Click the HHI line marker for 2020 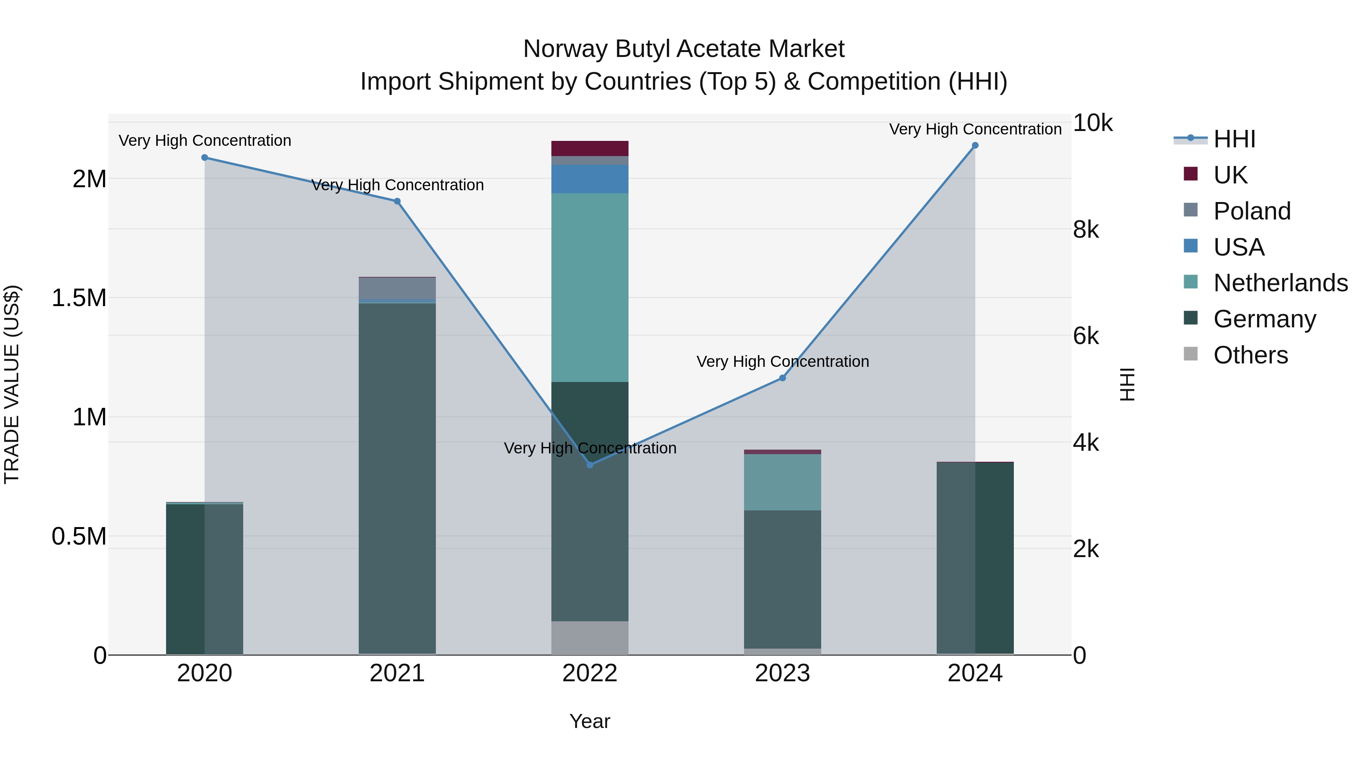pos(204,158)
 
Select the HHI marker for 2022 pos(589,465)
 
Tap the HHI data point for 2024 pos(975,145)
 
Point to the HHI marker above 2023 pos(782,378)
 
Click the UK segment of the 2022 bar pos(589,148)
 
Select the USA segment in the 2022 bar pos(589,179)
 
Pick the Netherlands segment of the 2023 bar pos(782,482)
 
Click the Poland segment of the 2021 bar pos(397,288)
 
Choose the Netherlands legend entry pos(1280,283)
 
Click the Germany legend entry pos(1264,319)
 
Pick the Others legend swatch pos(1191,354)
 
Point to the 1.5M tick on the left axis pos(79,298)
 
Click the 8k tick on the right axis pos(1086,230)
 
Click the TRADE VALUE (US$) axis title pos(12,384)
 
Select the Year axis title pos(589,721)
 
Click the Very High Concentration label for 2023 pos(782,362)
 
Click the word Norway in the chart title pos(565,49)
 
